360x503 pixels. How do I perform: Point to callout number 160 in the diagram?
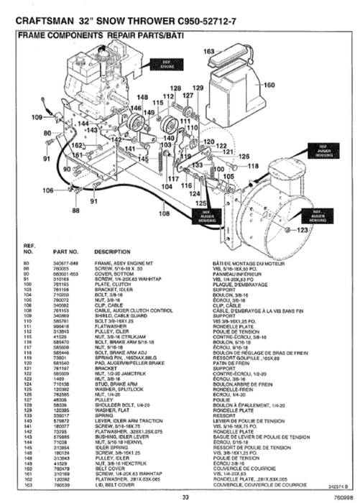click(269, 85)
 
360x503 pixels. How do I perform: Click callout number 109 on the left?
click(37, 116)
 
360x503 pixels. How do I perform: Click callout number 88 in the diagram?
click(75, 210)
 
